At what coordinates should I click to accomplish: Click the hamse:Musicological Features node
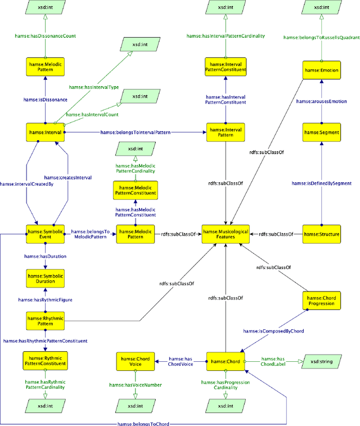click(226, 234)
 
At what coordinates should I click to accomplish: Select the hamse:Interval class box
click(44, 132)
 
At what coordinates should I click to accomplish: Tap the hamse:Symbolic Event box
click(44, 234)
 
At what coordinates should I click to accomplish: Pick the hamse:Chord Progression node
click(321, 301)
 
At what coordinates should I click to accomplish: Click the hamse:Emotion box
click(321, 70)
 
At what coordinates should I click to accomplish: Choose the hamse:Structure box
click(321, 234)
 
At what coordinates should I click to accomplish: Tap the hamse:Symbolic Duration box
click(44, 277)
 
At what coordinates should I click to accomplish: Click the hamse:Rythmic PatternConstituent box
click(44, 360)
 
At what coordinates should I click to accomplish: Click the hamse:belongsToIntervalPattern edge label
click(135, 132)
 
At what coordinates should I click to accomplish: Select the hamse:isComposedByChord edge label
click(273, 331)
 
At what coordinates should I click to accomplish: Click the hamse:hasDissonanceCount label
click(44, 36)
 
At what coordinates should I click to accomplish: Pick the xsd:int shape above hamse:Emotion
click(321, 9)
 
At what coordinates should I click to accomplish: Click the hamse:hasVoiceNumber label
click(134, 385)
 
